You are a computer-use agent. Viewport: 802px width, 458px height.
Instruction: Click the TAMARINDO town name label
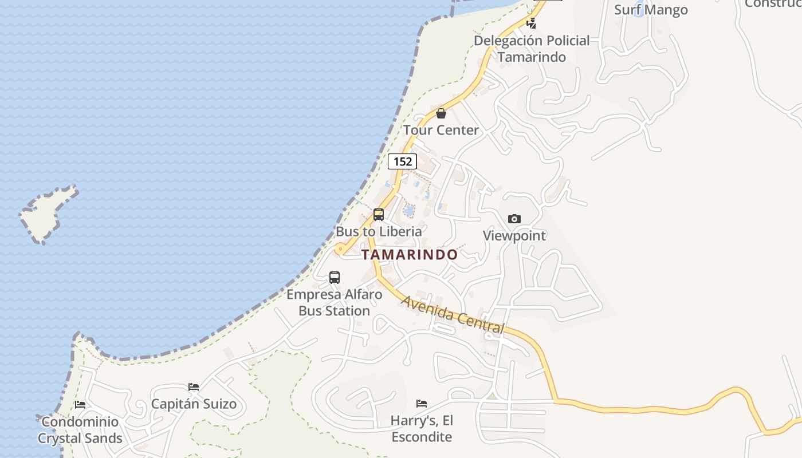(410, 255)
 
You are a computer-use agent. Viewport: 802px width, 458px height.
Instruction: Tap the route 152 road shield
(402, 161)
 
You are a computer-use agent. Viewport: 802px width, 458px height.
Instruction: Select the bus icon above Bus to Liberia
(379, 215)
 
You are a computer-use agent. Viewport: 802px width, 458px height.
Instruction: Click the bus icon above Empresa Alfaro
(335, 278)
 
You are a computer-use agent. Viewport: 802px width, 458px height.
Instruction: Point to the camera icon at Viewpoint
(514, 219)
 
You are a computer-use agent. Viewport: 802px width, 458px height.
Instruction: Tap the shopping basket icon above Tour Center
(441, 113)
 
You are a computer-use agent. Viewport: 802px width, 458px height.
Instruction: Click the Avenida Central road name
(453, 314)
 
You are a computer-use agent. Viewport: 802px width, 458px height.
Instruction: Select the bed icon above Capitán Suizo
(194, 387)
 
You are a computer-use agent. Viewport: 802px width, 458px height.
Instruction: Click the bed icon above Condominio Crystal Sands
(80, 404)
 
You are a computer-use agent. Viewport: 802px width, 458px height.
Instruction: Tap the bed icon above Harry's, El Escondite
(422, 403)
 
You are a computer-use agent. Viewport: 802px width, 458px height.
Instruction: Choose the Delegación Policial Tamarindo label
(532, 49)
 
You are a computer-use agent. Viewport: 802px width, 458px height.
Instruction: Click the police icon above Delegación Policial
(532, 23)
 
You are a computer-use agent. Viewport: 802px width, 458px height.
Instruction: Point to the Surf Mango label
(651, 9)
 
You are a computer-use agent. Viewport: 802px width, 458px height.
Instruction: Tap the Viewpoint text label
(514, 235)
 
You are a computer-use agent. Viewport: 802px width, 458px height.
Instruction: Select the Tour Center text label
(441, 130)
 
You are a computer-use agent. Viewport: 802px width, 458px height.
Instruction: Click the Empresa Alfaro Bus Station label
(335, 303)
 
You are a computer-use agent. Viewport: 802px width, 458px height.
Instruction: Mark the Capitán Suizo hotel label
(194, 404)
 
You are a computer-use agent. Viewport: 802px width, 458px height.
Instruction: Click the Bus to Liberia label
(379, 231)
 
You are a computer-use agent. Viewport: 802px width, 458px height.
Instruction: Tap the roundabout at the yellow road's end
(340, 248)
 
